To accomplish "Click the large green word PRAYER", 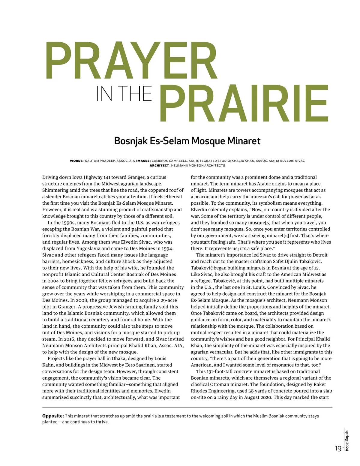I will [131, 61].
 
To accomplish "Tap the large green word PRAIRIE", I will [244, 104].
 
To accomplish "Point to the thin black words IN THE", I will [124, 94].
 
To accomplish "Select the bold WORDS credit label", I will [76, 161].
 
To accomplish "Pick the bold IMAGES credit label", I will [143, 161].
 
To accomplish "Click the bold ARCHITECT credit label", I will [159, 166].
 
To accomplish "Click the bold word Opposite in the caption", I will [53, 416].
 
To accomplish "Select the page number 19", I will [338, 449].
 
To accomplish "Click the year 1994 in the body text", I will [167, 248].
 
